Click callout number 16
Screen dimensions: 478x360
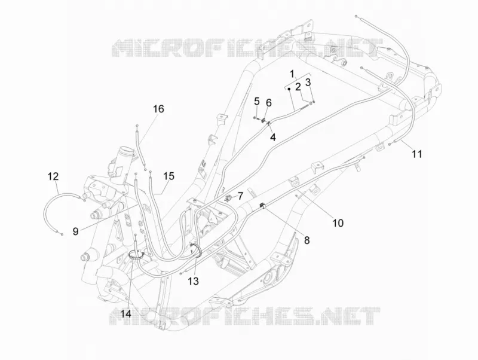(158, 109)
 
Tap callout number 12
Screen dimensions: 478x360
(53, 176)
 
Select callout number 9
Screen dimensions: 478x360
(76, 231)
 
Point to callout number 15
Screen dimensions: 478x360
(168, 176)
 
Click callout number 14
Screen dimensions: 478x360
(125, 313)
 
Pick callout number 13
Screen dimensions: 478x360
(193, 281)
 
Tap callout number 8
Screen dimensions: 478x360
(307, 240)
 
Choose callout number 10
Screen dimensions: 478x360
(338, 223)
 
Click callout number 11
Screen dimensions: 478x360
(416, 154)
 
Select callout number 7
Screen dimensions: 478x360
(241, 196)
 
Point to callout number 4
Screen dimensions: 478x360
(273, 138)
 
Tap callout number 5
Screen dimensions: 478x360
(257, 100)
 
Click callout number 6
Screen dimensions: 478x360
(268, 103)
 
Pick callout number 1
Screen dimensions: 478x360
(292, 74)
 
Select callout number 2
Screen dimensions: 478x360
(298, 87)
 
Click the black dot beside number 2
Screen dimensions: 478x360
(289, 89)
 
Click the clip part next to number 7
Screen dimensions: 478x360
(228, 199)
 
